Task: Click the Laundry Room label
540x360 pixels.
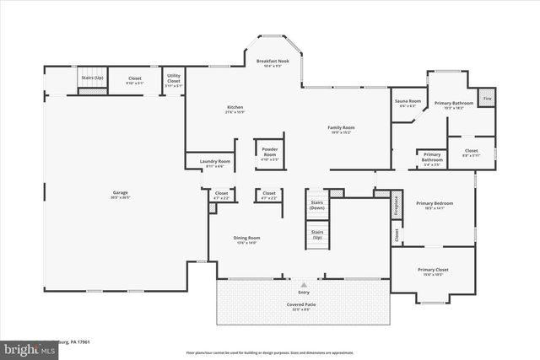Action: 214,164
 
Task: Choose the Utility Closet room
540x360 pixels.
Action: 173,80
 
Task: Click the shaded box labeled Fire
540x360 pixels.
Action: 487,99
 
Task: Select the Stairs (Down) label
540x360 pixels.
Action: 317,204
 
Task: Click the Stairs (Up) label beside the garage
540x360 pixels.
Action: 92,78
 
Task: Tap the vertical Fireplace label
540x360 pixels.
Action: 397,207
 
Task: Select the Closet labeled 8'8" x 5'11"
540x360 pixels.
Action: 471,153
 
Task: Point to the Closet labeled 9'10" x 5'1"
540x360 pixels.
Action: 134,80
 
